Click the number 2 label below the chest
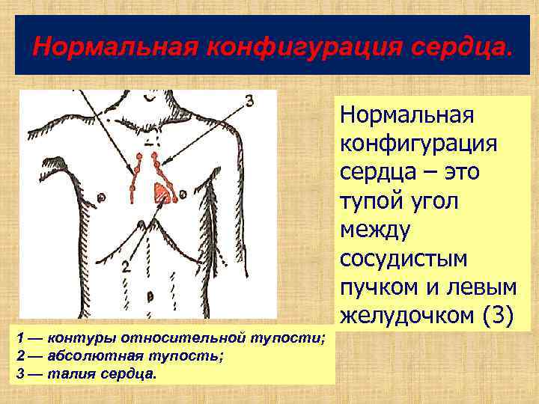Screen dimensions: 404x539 point(127,265)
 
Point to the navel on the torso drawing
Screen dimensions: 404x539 point(150,296)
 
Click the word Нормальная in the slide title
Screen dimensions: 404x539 point(116,47)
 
